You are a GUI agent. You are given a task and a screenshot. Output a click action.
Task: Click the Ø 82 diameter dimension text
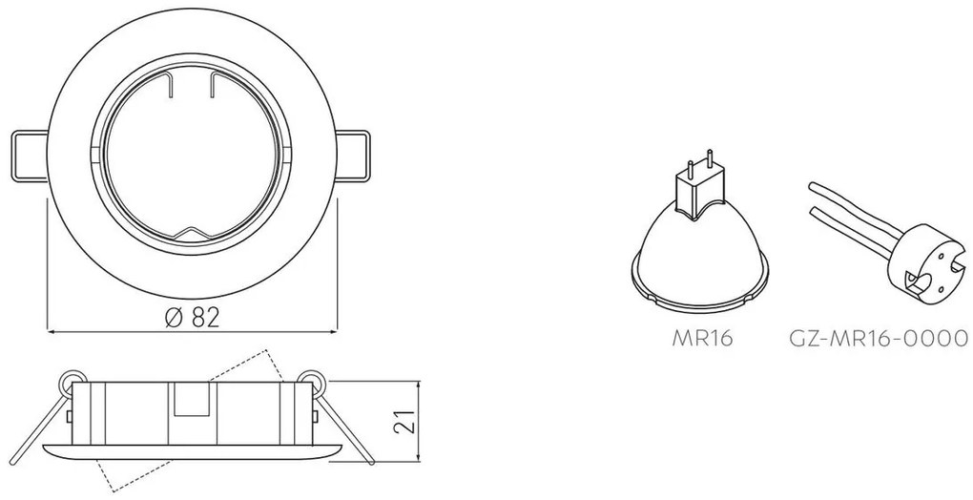(193, 318)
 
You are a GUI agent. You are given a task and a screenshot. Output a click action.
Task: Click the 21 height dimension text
(404, 420)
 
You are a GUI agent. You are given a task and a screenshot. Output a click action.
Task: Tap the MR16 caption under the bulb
(702, 338)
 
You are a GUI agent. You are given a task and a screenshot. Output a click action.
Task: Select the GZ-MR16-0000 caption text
(878, 338)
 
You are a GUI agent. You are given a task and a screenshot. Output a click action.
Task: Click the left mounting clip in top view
(30, 156)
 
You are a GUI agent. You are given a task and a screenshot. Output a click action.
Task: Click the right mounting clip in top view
(352, 156)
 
